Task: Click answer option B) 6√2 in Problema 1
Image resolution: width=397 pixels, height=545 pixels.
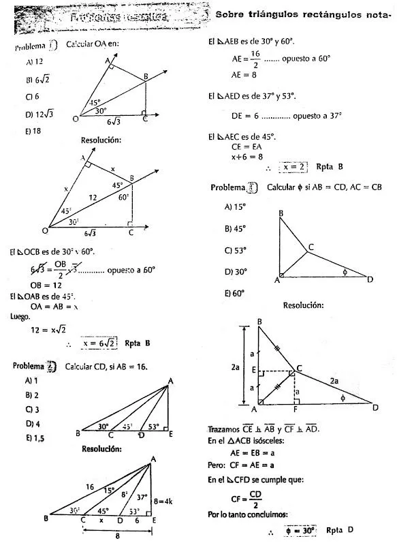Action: click(x=33, y=79)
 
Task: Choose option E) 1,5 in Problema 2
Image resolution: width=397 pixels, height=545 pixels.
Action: click(x=35, y=438)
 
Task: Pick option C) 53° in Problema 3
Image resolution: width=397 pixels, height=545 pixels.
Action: click(x=234, y=250)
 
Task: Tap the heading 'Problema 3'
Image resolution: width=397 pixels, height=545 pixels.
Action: click(x=234, y=186)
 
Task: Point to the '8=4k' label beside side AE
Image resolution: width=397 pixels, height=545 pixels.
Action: click(x=163, y=501)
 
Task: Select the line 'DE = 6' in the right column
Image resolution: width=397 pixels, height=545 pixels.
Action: click(x=243, y=116)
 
